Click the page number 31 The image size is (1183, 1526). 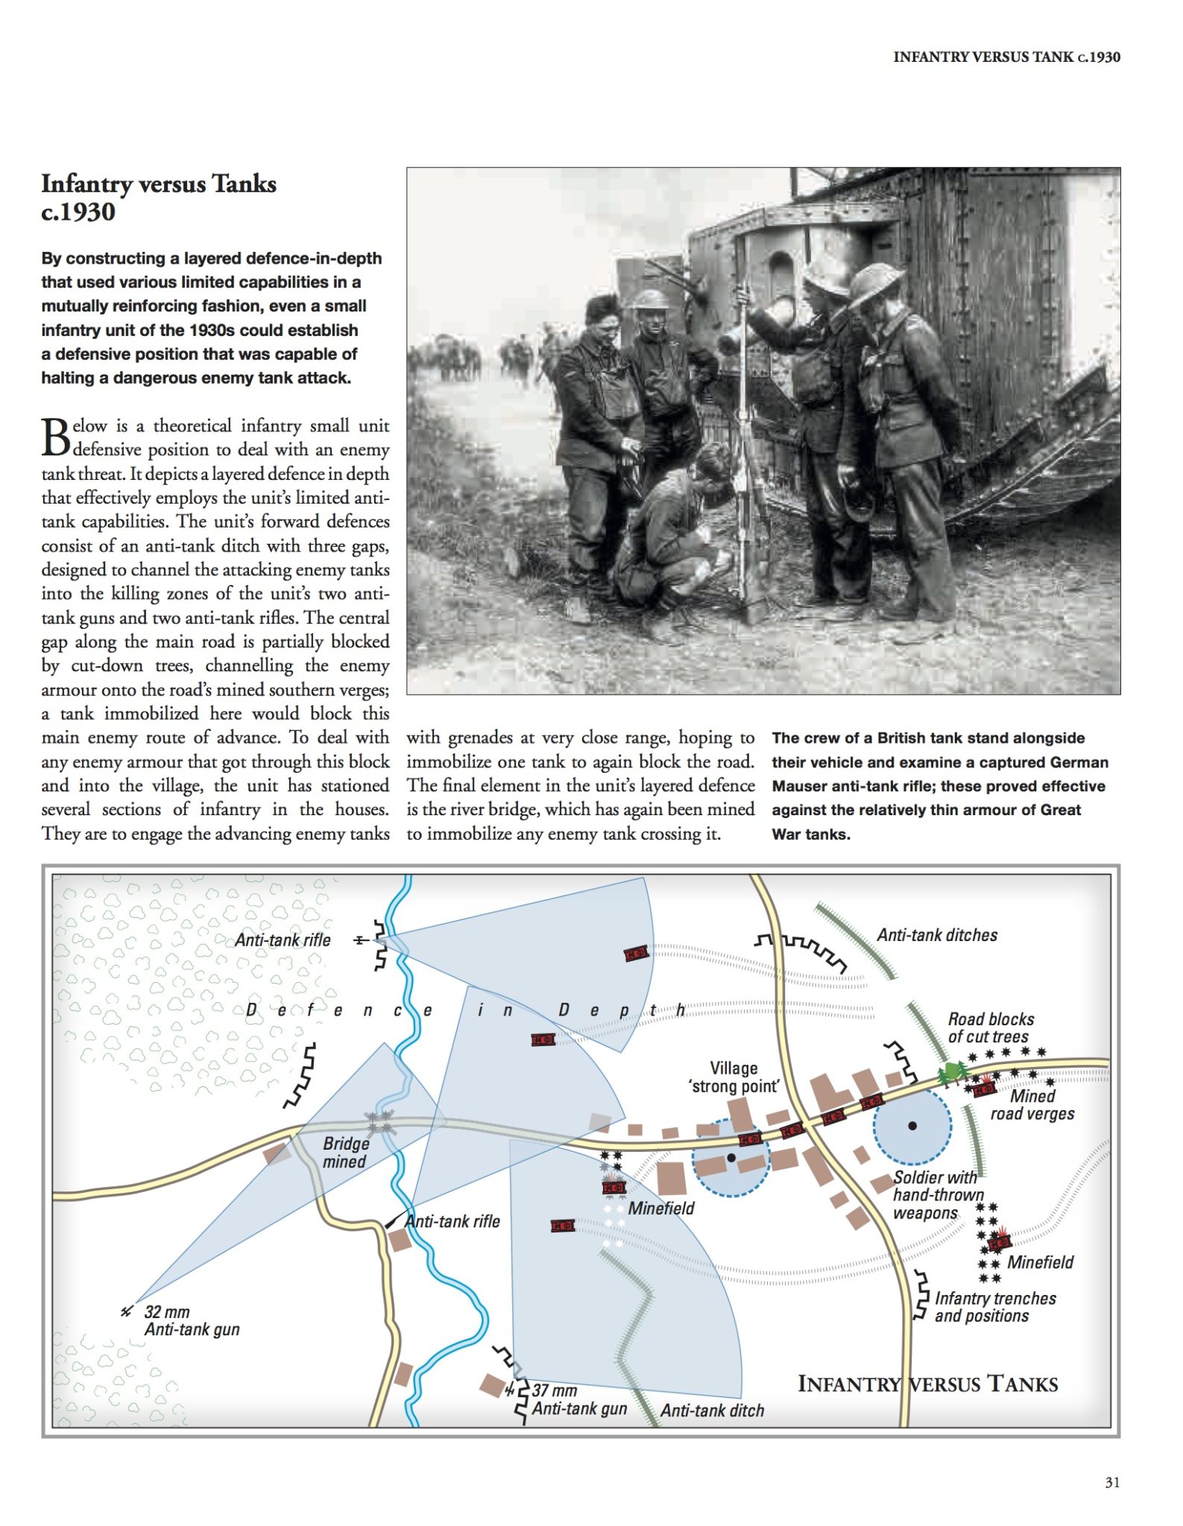1111,1482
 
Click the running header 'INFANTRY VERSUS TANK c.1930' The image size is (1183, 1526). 1006,57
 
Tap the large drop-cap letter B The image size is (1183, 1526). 56,438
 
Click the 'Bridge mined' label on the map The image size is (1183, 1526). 345,1152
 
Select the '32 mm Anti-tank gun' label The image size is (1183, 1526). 192,1320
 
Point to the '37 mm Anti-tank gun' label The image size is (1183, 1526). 578,1399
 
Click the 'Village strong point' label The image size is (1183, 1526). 734,1077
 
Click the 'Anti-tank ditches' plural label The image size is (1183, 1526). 936,935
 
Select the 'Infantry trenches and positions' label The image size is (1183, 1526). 994,1307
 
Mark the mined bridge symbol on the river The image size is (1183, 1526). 381,1121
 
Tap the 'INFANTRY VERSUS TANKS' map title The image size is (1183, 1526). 927,1384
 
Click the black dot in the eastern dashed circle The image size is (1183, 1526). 912,1125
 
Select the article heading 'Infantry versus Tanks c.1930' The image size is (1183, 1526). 158,197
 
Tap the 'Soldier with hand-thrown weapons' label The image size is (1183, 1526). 936,1194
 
